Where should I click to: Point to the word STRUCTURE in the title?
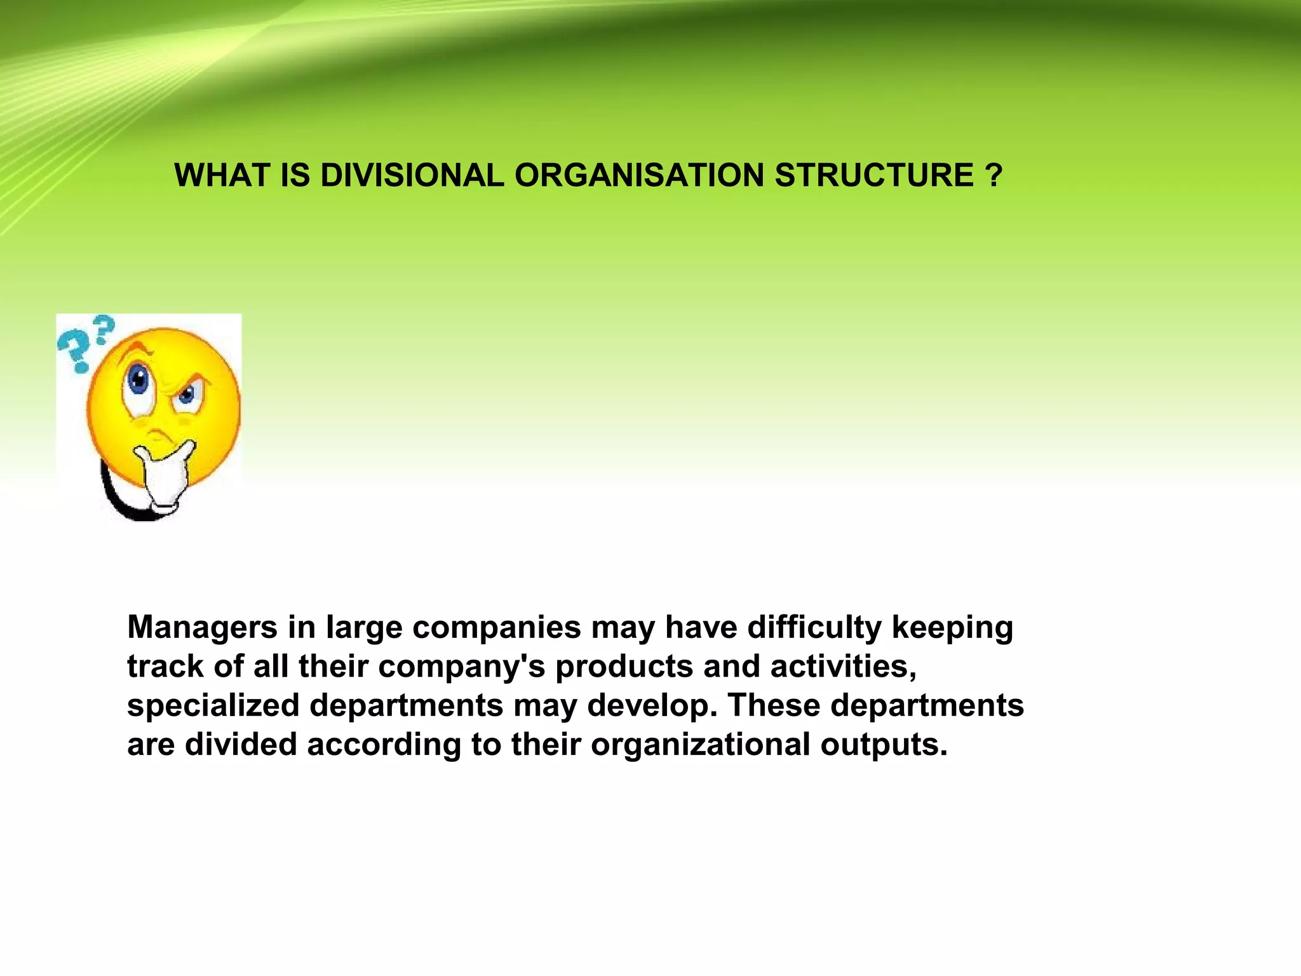click(x=874, y=175)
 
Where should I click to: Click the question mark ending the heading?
click(x=995, y=175)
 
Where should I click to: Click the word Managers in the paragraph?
click(x=202, y=628)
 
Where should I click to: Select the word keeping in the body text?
click(x=952, y=628)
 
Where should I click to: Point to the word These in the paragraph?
click(x=773, y=705)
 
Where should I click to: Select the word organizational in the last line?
click(x=700, y=745)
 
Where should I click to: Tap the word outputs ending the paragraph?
click(x=884, y=745)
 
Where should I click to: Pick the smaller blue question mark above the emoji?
click(x=105, y=329)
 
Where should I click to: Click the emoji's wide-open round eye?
click(x=138, y=380)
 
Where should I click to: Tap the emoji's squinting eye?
click(x=186, y=395)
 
